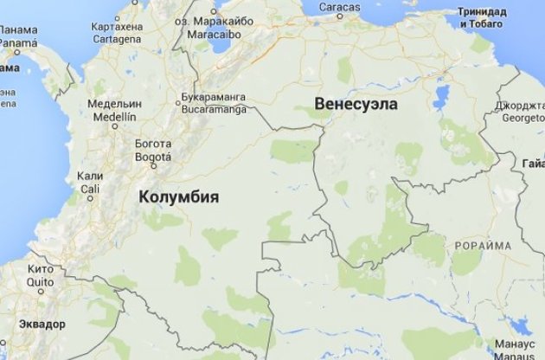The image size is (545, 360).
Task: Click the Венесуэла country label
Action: coord(356,104)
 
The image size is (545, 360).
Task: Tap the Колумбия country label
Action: coord(178,197)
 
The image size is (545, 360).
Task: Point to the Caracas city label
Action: coord(338,7)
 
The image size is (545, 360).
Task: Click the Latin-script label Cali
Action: coord(90,188)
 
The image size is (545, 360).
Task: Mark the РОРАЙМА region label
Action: coord(483,246)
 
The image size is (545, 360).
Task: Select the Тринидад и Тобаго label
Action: coord(489,17)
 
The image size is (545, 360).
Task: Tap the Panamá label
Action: coord(16,41)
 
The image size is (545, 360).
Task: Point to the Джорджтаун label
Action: coord(520,106)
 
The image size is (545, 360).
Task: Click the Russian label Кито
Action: coord(41,269)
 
